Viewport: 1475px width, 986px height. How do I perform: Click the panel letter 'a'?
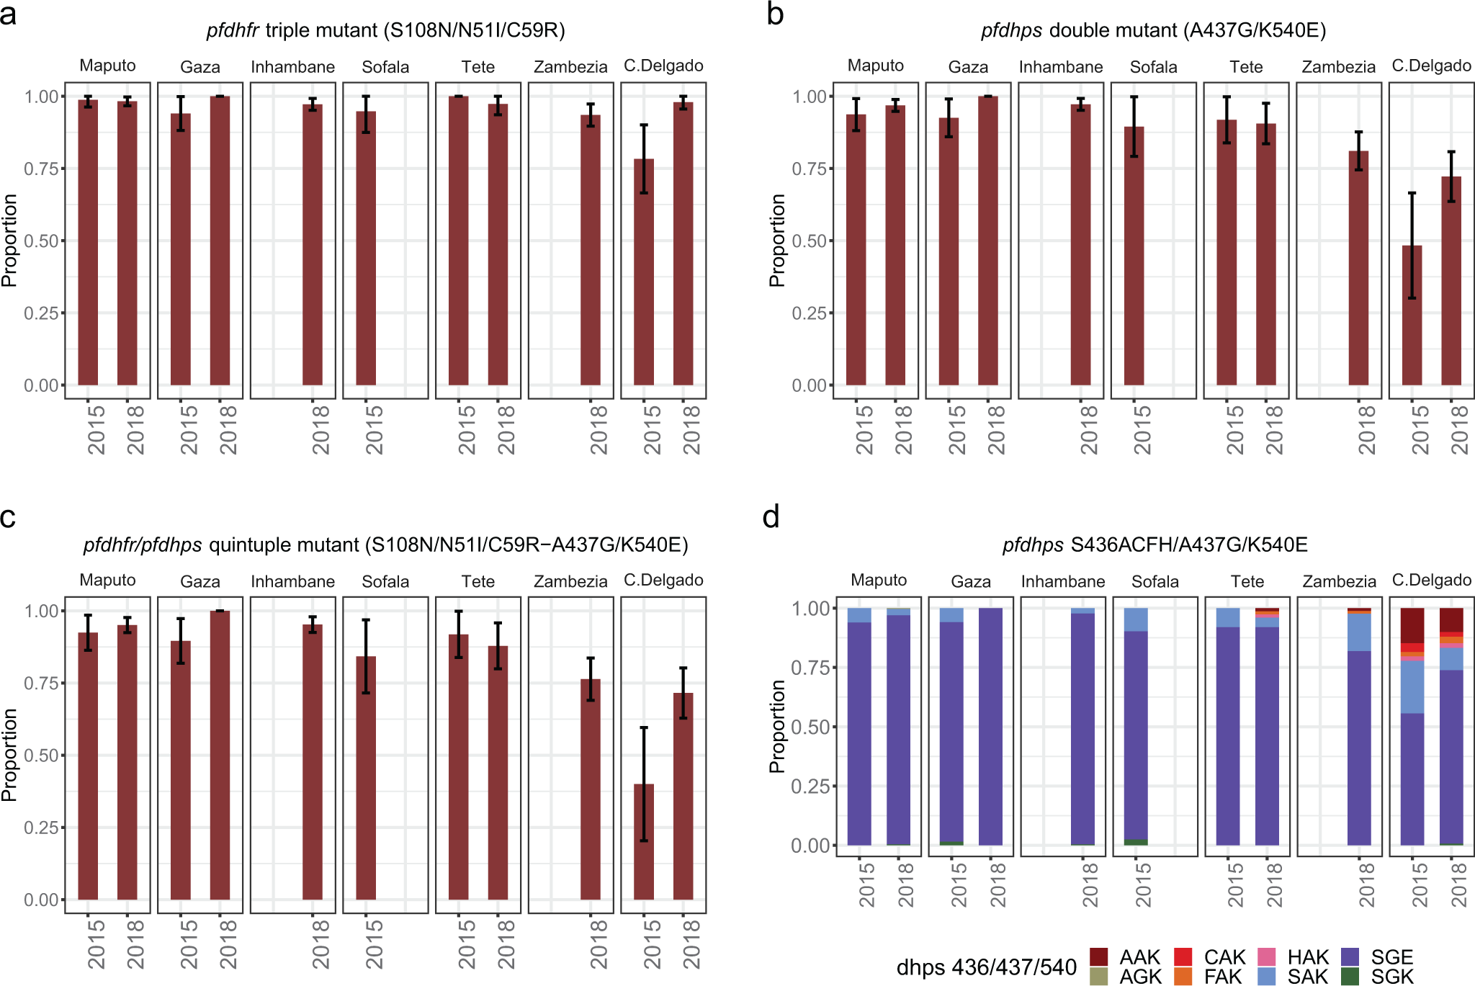pyautogui.click(x=9, y=14)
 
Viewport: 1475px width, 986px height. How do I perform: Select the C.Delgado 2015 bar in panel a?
pyautogui.click(x=644, y=274)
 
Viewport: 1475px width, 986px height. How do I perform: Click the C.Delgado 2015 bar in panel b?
pyautogui.click(x=1412, y=317)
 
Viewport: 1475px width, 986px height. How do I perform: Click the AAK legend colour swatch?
pyautogui.click(x=1098, y=956)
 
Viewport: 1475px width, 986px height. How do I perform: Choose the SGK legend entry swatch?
pyautogui.click(x=1350, y=977)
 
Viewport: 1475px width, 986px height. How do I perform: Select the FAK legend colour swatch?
pyautogui.click(x=1183, y=977)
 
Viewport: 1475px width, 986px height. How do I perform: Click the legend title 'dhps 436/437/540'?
pyautogui.click(x=986, y=967)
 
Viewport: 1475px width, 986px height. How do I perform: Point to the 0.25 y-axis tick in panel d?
pyautogui.click(x=810, y=786)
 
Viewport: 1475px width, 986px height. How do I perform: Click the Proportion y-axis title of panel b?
pyautogui.click(x=777, y=241)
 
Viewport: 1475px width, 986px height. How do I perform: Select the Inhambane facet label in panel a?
pyautogui.click(x=292, y=67)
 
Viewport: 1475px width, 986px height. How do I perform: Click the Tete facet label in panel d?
pyautogui.click(x=1247, y=581)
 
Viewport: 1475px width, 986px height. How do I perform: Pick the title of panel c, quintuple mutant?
pyautogui.click(x=385, y=544)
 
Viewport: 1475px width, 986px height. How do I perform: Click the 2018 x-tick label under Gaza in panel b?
pyautogui.click(x=996, y=429)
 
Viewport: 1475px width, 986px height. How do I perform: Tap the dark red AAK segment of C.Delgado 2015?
pyautogui.click(x=1412, y=625)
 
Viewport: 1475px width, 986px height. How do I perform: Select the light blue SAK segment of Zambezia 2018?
pyautogui.click(x=1359, y=632)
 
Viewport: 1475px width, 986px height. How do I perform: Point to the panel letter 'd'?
pyautogui.click(x=771, y=517)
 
